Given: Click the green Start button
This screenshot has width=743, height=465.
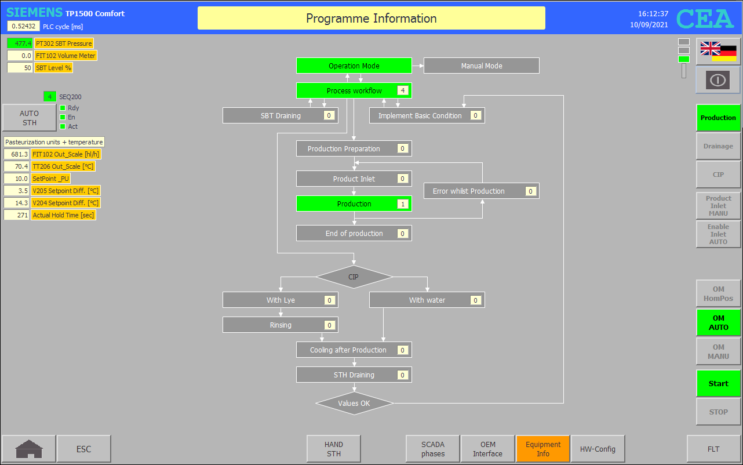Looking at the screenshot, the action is pyautogui.click(x=718, y=383).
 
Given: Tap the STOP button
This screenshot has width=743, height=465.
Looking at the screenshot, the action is pyautogui.click(x=718, y=412).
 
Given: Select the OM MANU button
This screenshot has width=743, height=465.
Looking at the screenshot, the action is pyautogui.click(x=718, y=351).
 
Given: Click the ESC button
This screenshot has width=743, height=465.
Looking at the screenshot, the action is pyautogui.click(x=83, y=449).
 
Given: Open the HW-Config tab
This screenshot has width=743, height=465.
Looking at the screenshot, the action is pyautogui.click(x=598, y=449).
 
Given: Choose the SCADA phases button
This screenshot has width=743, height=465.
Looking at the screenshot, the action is pyautogui.click(x=433, y=449).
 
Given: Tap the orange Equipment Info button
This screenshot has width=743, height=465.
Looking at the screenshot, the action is pyautogui.click(x=542, y=449).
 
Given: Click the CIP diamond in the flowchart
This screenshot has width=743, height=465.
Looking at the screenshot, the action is pyautogui.click(x=354, y=277).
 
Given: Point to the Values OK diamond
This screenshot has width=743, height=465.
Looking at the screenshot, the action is pyautogui.click(x=354, y=404).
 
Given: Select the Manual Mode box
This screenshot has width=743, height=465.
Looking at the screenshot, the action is pyautogui.click(x=481, y=66).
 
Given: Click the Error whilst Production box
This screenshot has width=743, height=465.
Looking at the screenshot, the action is pyautogui.click(x=481, y=191).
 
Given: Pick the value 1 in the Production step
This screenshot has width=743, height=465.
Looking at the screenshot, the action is pyautogui.click(x=403, y=204).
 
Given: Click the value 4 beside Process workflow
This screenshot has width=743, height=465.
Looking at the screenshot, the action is pyautogui.click(x=403, y=90).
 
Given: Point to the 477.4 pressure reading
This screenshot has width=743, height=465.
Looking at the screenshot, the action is pyautogui.click(x=20, y=43).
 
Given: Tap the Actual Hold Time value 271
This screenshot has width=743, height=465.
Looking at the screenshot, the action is pyautogui.click(x=17, y=215).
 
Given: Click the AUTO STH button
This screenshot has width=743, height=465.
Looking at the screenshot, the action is pyautogui.click(x=29, y=118).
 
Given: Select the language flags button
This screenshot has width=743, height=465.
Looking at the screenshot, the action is pyautogui.click(x=718, y=52).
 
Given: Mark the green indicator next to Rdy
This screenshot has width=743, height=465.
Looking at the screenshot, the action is pyautogui.click(x=63, y=108).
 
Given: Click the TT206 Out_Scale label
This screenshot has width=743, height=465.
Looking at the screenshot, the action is pyautogui.click(x=63, y=166).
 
